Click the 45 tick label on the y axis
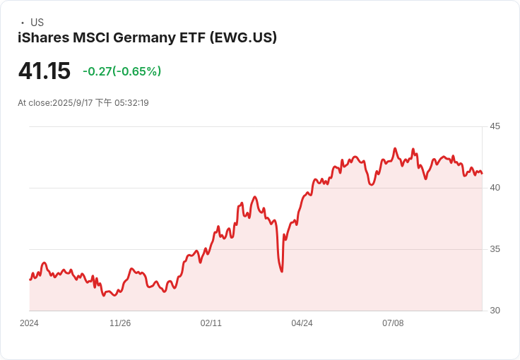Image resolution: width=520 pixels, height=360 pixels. (495, 126)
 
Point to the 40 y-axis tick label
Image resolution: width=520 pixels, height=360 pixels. (495, 188)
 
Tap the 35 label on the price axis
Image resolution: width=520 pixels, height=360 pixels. (495, 249)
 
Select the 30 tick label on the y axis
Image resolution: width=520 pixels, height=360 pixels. (495, 311)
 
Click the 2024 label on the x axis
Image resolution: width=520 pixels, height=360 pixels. (29, 323)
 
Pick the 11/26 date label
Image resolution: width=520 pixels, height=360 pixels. (120, 323)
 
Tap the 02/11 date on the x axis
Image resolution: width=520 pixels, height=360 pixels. (211, 323)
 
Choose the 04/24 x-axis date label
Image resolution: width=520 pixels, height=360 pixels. (302, 323)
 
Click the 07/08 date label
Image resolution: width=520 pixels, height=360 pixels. (393, 323)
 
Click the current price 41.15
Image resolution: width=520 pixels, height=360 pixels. (45, 71)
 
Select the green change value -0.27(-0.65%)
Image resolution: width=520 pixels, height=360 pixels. (122, 71)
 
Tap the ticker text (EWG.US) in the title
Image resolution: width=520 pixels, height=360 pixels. (243, 37)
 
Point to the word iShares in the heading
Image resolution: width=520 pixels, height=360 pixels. (42, 37)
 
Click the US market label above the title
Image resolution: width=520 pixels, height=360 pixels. (37, 23)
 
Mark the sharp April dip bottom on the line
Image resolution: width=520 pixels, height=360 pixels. (282, 271)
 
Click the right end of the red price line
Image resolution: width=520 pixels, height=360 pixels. (482, 174)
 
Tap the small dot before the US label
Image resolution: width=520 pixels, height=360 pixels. (23, 23)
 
